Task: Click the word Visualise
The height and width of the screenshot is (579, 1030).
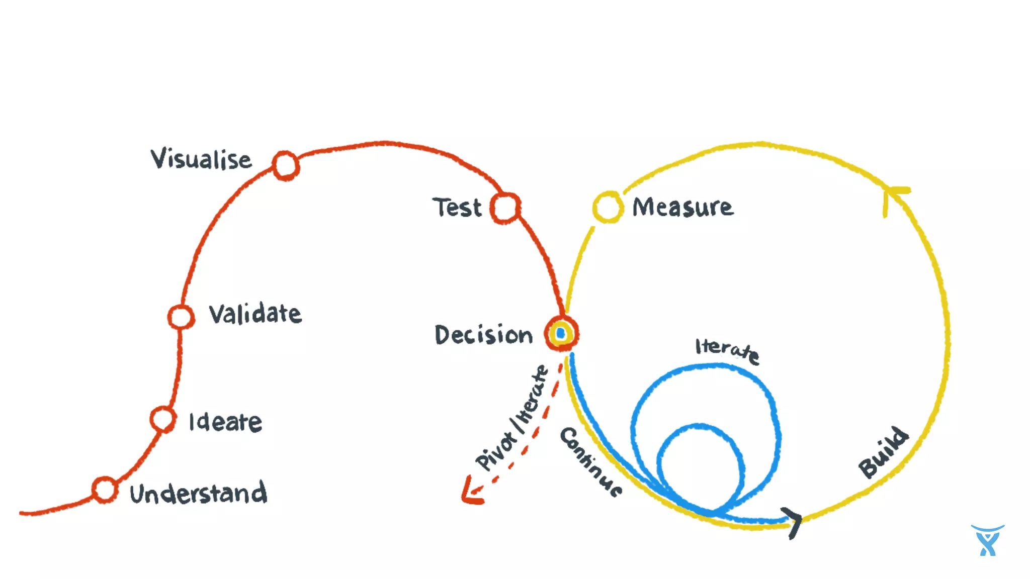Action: [x=201, y=159]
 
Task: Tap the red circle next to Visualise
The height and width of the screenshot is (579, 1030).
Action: [x=286, y=165]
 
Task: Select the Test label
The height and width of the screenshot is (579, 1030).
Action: [x=457, y=208]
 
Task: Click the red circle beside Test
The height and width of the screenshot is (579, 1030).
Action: [x=505, y=208]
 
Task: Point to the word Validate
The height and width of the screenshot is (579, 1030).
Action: [x=255, y=314]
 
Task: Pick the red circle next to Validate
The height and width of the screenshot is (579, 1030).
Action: [x=181, y=317]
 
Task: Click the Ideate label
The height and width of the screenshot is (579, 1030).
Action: [x=225, y=422]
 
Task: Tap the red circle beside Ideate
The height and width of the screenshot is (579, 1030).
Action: [x=163, y=419]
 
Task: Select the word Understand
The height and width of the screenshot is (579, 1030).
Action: [x=198, y=493]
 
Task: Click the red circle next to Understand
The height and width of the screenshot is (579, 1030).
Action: [x=105, y=490]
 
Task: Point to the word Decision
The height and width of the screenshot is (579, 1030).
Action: [x=483, y=335]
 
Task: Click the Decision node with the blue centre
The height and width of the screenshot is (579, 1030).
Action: [x=561, y=333]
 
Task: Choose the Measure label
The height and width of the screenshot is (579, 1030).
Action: [x=682, y=207]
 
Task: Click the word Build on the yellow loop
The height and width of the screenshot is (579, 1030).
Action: [x=884, y=452]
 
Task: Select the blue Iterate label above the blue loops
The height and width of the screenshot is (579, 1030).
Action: [x=727, y=350]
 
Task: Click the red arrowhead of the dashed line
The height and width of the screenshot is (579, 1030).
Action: [x=471, y=493]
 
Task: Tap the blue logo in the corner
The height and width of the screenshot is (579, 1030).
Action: [x=987, y=540]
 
